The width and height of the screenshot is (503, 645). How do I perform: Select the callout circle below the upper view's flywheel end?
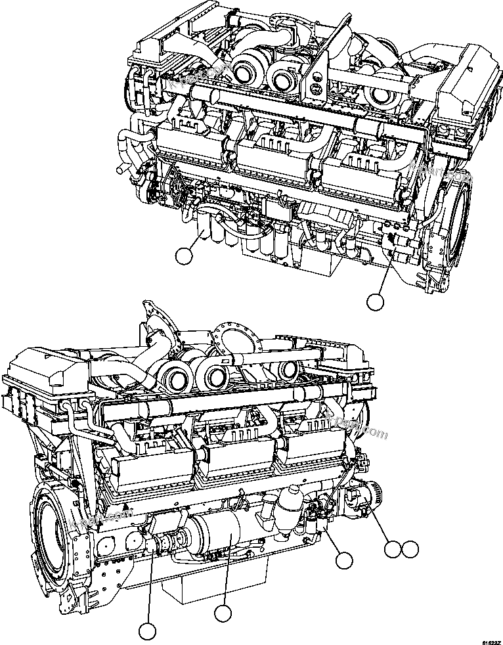[x=374, y=301]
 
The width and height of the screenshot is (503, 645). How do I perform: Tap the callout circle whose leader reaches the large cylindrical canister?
[x=224, y=613]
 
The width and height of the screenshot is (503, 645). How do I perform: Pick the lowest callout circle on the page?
[x=148, y=631]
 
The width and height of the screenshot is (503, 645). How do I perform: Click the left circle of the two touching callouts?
[x=393, y=549]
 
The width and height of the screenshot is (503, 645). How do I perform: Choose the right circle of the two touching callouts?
[x=410, y=549]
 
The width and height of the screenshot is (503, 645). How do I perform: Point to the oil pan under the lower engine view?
[x=217, y=585]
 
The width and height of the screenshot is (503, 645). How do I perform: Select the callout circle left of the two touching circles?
[x=343, y=560]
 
